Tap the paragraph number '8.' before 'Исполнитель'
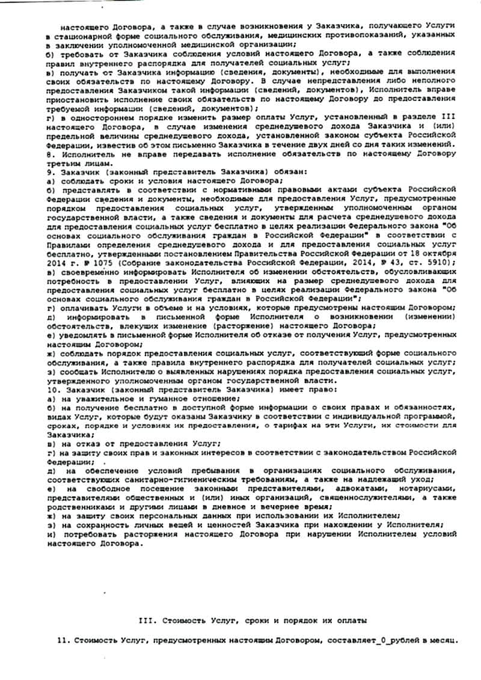49,155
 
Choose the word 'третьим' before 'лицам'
63,163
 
